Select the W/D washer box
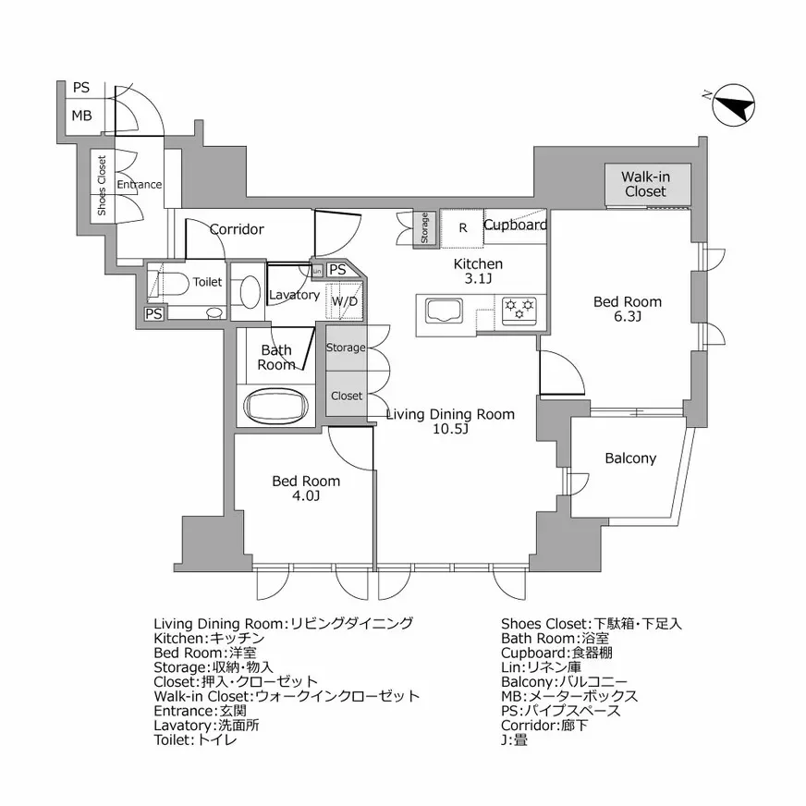(x=344, y=301)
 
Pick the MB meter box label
(x=81, y=116)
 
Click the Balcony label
(x=630, y=458)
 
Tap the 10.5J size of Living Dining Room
(x=450, y=430)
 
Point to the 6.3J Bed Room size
(x=627, y=317)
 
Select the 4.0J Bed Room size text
(x=305, y=496)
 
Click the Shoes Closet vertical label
(x=102, y=185)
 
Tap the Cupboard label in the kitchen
(x=515, y=225)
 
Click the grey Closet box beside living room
(x=347, y=396)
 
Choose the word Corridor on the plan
(x=237, y=229)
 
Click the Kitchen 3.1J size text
(x=477, y=280)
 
